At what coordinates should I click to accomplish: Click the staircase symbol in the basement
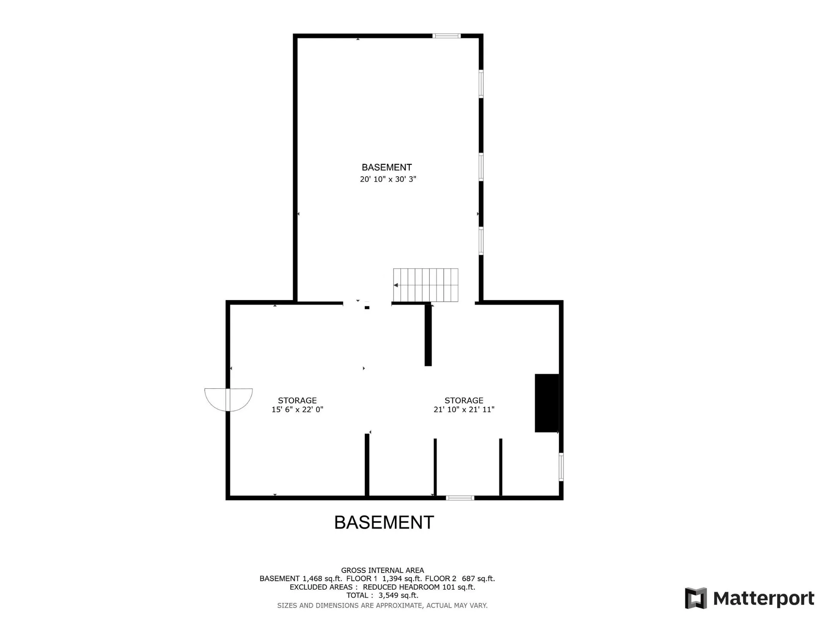(x=426, y=285)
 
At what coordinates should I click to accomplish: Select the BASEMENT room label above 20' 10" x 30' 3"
(x=387, y=167)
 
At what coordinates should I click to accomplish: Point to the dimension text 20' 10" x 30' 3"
(x=388, y=179)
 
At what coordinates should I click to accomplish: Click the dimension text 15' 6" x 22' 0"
(x=297, y=409)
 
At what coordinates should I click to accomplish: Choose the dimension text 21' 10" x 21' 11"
(x=464, y=409)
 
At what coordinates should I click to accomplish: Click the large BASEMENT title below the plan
(x=384, y=522)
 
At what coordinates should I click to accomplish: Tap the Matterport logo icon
(x=696, y=598)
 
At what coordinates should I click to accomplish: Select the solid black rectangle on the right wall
(x=547, y=403)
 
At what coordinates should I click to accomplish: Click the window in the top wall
(x=446, y=36)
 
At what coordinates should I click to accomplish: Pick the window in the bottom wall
(x=460, y=498)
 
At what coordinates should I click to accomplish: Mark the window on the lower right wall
(x=561, y=467)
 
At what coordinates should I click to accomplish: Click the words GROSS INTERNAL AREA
(x=382, y=570)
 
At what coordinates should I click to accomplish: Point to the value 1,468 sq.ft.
(x=322, y=579)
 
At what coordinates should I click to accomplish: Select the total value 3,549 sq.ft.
(x=398, y=595)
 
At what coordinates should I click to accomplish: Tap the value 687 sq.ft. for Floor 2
(x=479, y=579)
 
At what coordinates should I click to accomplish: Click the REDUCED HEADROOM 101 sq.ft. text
(x=419, y=587)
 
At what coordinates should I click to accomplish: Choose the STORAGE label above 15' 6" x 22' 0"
(x=297, y=400)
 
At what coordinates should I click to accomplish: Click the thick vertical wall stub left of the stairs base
(x=428, y=334)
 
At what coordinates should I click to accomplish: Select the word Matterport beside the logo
(x=763, y=598)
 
